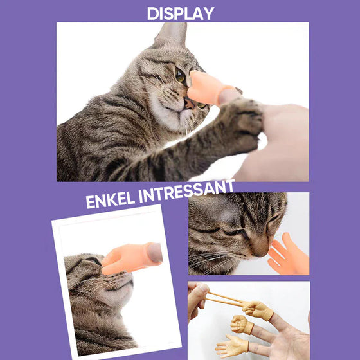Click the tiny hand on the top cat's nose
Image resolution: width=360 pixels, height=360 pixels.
[204, 87]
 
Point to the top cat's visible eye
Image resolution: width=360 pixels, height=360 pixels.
[181, 76]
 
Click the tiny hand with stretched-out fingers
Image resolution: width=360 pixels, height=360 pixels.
[256, 310]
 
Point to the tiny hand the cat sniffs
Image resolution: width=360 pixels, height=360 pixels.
[285, 255]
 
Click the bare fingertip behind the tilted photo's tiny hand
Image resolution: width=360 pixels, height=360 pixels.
[155, 252]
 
